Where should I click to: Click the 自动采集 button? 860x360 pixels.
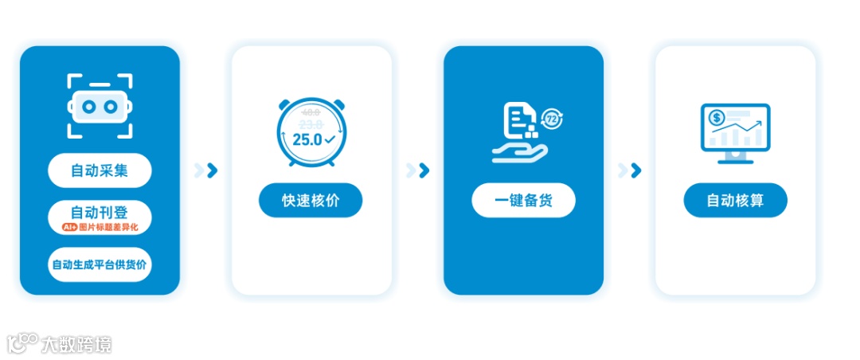click(x=100, y=170)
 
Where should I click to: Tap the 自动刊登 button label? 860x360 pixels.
click(x=100, y=213)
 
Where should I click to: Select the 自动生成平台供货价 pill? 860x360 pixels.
click(x=100, y=265)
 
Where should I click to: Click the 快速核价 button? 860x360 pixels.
click(x=311, y=200)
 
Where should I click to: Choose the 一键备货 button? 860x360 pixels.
click(x=523, y=200)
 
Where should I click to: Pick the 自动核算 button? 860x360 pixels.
click(x=735, y=200)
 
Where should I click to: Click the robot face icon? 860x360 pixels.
click(x=100, y=106)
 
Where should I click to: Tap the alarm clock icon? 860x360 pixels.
click(x=311, y=132)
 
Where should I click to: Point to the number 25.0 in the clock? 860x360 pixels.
click(x=307, y=139)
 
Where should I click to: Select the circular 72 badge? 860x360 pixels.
click(x=552, y=119)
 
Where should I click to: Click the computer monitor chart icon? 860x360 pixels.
click(x=735, y=132)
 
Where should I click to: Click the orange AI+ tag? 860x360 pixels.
click(x=69, y=228)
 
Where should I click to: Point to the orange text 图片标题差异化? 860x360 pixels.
click(x=109, y=228)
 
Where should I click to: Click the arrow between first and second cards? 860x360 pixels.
click(x=206, y=170)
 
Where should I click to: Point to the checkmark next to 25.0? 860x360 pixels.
click(x=330, y=139)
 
